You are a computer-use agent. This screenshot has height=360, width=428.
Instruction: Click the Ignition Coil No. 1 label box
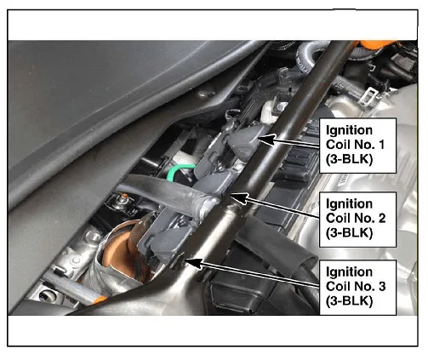[x=357, y=146]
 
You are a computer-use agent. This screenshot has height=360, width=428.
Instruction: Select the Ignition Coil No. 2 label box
[x=357, y=220]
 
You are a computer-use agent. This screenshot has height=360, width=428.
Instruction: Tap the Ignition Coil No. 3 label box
[x=357, y=287]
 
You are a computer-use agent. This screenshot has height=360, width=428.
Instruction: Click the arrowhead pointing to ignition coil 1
[x=266, y=140]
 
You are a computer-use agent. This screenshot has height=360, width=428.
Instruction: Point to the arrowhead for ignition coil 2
[x=239, y=197]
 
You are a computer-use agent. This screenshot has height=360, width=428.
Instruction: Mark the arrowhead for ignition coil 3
[x=194, y=264]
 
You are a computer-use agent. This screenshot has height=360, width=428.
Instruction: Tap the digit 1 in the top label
[x=381, y=145]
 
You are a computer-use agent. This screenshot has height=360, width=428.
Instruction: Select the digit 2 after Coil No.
[x=381, y=218]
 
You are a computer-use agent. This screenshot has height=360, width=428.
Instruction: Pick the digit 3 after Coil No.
[x=381, y=286]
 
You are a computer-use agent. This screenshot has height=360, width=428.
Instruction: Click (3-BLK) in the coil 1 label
[x=349, y=159]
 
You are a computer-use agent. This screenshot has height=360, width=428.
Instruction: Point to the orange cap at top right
[x=377, y=44]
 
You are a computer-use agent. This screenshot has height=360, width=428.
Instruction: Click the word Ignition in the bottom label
[x=349, y=272]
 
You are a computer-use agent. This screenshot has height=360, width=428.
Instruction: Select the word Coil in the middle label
[x=338, y=218]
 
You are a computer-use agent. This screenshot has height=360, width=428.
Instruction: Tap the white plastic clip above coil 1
[x=270, y=112]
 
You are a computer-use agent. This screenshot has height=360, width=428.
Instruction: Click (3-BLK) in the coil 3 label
[x=349, y=300]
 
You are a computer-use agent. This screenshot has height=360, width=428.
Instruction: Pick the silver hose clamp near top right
[x=368, y=95]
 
